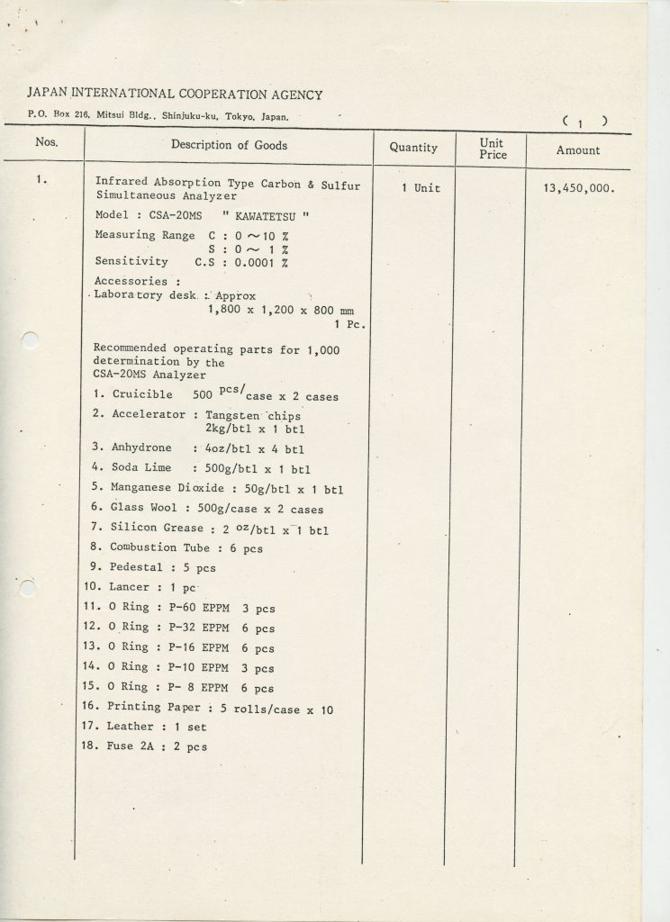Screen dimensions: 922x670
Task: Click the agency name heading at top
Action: tap(176, 94)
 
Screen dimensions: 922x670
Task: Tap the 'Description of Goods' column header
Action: tap(229, 145)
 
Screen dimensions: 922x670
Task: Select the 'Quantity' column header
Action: tap(412, 148)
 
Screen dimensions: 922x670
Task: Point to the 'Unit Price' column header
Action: tap(493, 149)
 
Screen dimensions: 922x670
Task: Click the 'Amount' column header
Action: tap(577, 150)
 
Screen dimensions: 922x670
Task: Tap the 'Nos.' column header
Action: tap(46, 142)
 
